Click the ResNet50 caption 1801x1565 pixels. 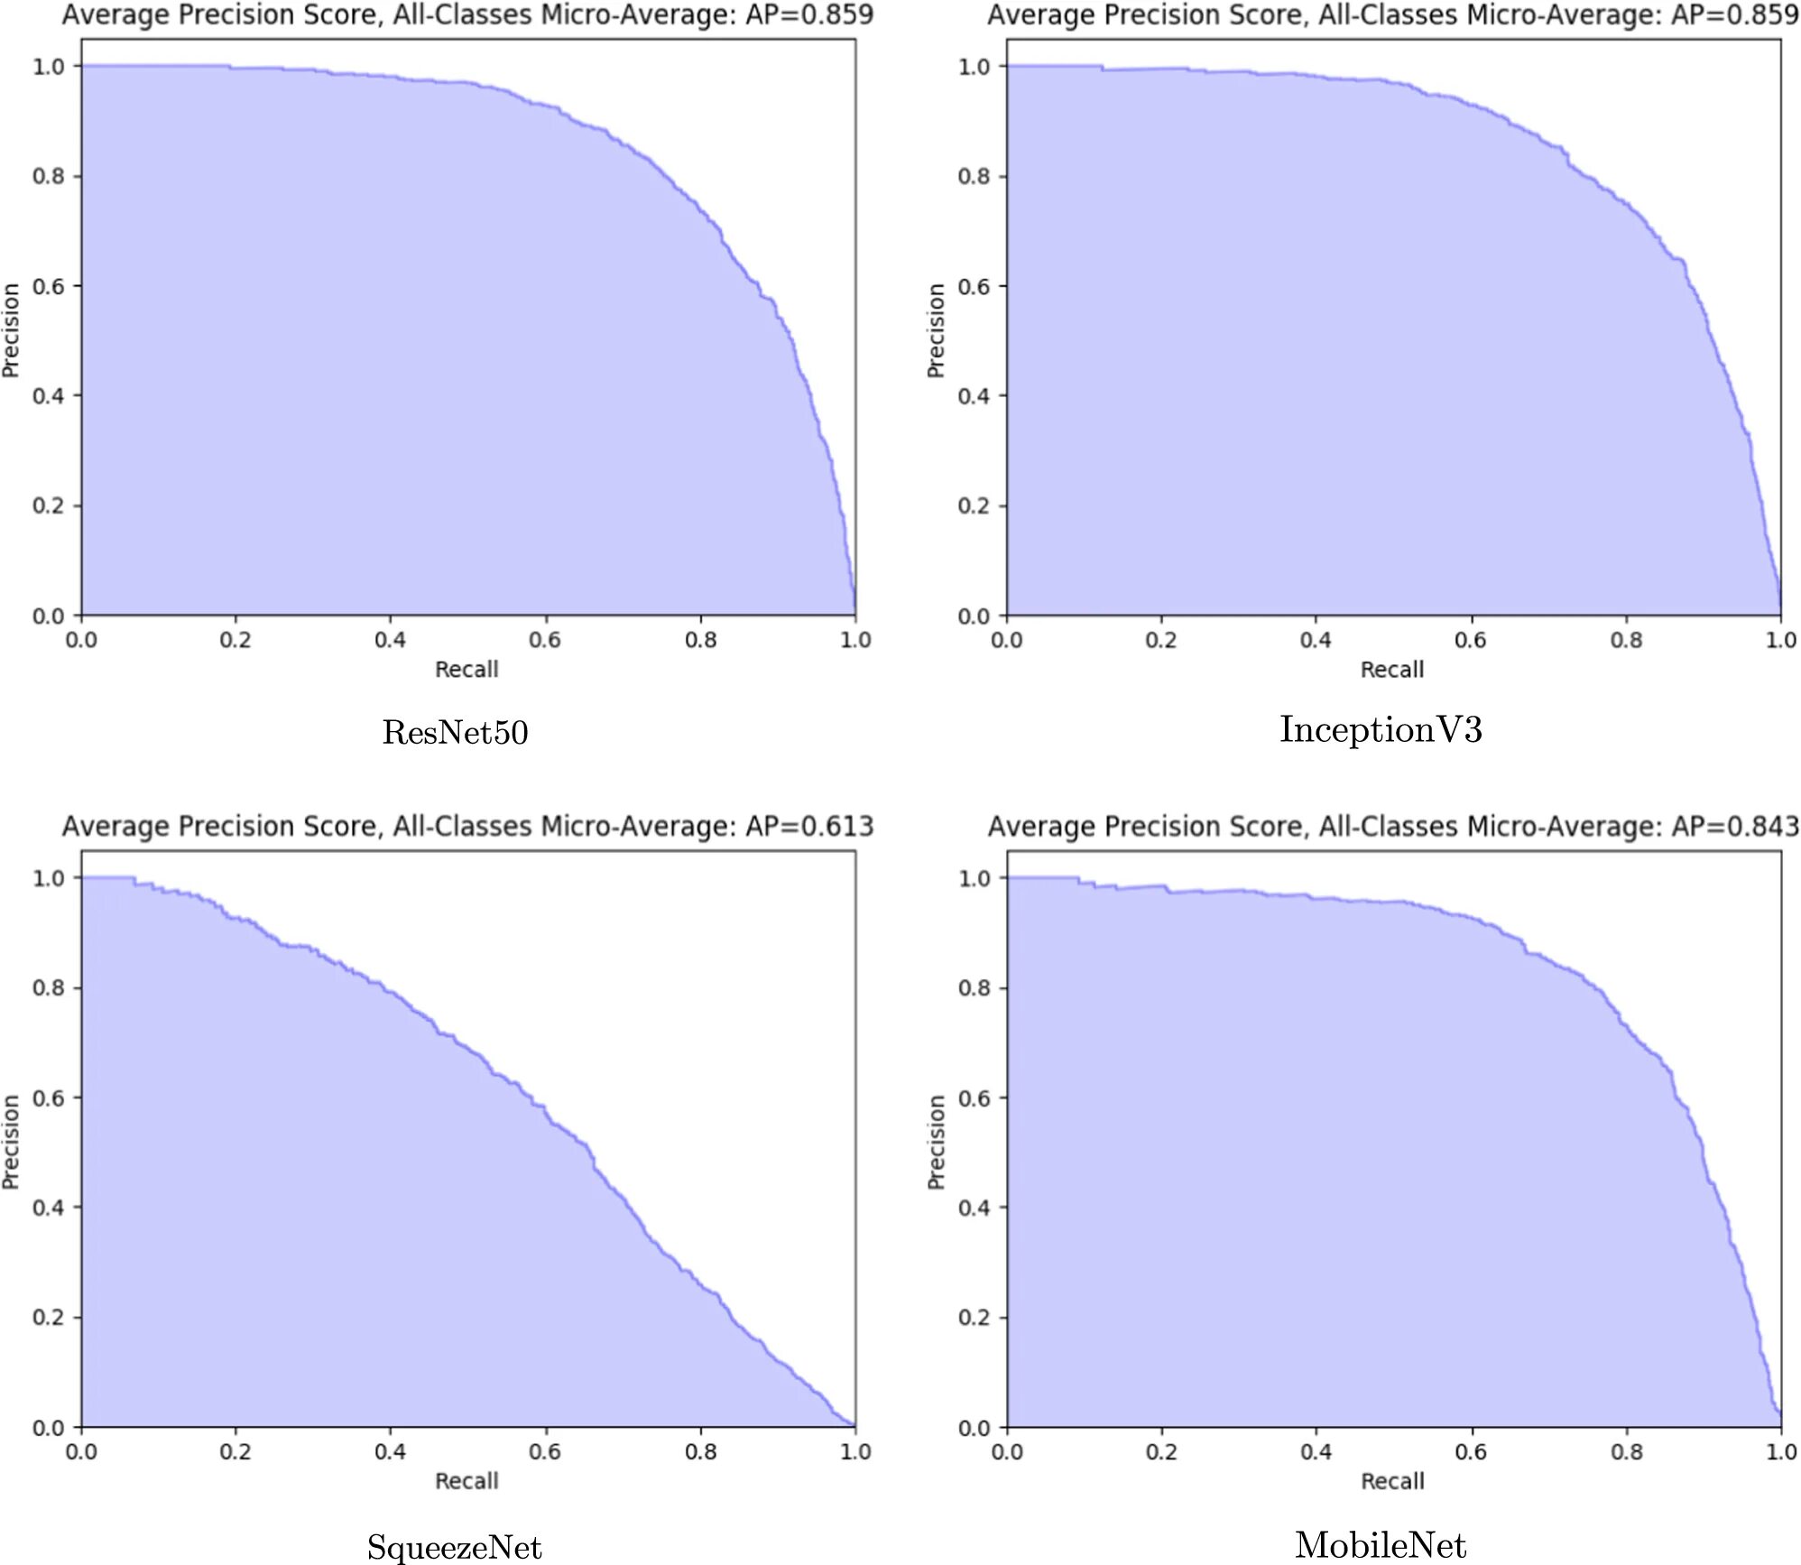tap(455, 732)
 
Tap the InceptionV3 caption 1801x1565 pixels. tap(1381, 729)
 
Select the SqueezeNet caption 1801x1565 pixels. tap(454, 1547)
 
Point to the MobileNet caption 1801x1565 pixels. tap(1381, 1545)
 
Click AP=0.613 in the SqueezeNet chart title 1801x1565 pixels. tap(809, 826)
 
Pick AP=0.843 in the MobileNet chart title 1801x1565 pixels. tap(1735, 826)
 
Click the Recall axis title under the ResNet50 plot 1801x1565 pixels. tap(466, 669)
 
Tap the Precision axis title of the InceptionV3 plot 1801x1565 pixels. tap(936, 330)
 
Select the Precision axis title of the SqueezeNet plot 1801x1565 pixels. tap(11, 1142)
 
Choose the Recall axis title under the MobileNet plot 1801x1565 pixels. tap(1392, 1481)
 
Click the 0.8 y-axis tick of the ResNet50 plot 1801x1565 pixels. tap(49, 176)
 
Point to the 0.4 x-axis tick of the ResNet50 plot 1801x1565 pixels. tap(390, 640)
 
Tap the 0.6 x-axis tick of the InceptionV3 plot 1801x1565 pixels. tap(1470, 640)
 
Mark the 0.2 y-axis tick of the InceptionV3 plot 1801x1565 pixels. tap(974, 505)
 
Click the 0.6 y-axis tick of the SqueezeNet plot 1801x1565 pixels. tap(49, 1098)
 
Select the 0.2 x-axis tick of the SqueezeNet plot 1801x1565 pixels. tap(236, 1452)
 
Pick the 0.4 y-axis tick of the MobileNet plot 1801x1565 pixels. tap(974, 1208)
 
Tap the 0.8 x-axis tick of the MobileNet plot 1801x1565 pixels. tap(1626, 1452)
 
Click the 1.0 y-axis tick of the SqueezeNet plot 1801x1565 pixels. tap(49, 878)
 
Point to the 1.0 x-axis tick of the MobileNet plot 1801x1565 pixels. tap(1780, 1452)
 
